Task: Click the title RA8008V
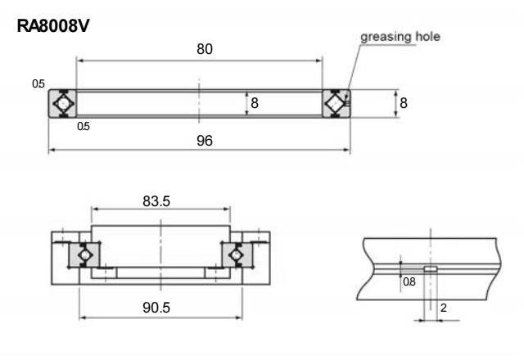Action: tap(52, 27)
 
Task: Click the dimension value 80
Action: tap(204, 49)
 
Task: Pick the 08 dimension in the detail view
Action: tap(409, 281)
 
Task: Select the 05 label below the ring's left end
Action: tap(83, 127)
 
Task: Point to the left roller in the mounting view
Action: tap(83, 255)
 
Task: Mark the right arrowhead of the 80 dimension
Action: tap(320, 60)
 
